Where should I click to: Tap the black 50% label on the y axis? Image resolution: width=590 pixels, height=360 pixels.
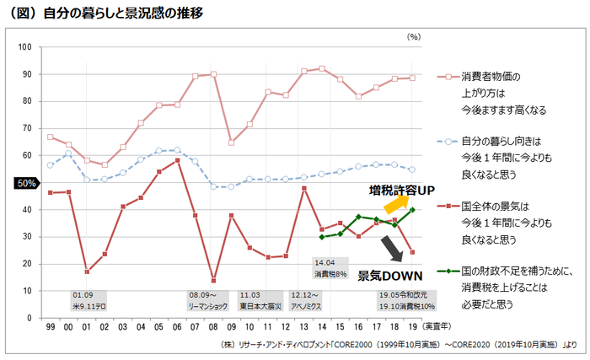27,182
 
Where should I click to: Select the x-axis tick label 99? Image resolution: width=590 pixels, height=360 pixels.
51,326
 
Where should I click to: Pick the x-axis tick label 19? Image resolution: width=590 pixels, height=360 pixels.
411,326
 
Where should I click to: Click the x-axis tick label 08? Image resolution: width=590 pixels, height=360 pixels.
213,326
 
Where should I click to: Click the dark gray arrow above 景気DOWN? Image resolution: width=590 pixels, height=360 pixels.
391,250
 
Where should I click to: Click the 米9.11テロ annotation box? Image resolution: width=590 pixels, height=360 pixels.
88,301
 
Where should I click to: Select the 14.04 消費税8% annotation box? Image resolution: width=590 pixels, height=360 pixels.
330,268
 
